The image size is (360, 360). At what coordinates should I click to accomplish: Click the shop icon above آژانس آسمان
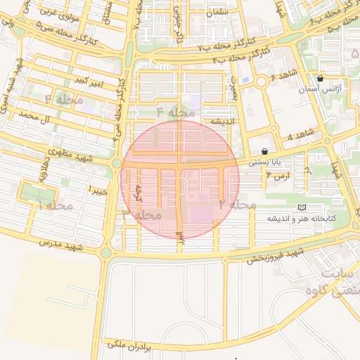(321, 79)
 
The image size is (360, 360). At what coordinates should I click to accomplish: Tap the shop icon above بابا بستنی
(264, 151)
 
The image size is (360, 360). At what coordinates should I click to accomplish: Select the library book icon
(302, 208)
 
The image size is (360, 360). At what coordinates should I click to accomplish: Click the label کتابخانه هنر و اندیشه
(302, 219)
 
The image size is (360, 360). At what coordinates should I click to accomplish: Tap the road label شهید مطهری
(65, 152)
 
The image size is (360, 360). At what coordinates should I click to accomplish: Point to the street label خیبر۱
(98, 190)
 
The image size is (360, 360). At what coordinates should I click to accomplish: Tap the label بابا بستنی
(264, 162)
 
